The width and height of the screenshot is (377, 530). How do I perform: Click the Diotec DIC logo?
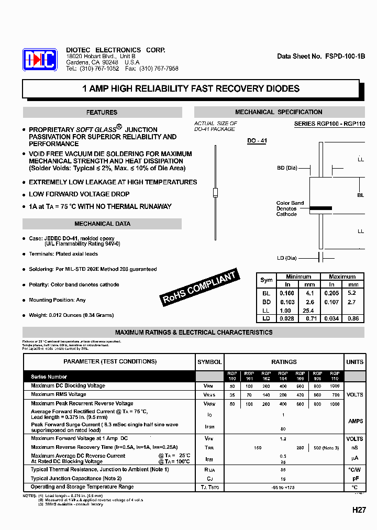[x=39, y=60]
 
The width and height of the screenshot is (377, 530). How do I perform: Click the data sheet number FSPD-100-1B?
[x=321, y=56]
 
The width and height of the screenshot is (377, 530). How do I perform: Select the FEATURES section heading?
[x=102, y=113]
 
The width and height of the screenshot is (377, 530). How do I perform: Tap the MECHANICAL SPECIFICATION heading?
[x=279, y=112]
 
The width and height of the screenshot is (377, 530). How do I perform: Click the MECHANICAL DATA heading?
[x=102, y=224]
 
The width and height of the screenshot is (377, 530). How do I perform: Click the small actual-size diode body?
[x=215, y=192]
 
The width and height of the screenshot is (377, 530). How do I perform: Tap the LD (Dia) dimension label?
[x=287, y=258]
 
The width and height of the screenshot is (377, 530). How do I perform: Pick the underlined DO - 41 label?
[x=257, y=141]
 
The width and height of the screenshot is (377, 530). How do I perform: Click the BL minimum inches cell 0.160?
[x=287, y=294]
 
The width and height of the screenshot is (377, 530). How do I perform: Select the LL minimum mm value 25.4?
[x=309, y=311]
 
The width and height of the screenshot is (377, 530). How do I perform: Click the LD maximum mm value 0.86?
[x=353, y=318]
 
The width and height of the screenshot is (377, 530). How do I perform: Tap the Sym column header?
[x=266, y=280]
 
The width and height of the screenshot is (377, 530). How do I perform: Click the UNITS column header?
[x=354, y=362]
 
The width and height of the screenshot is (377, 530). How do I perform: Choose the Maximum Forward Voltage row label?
[x=80, y=438]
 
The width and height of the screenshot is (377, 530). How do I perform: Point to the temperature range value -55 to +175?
[x=284, y=487]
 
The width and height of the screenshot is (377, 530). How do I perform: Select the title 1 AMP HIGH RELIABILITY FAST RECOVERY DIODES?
[x=191, y=89]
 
